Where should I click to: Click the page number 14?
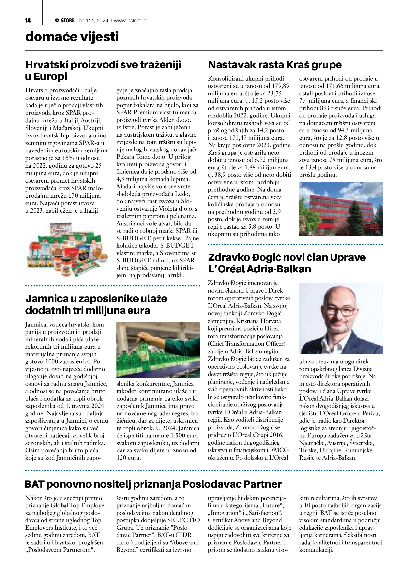pos(28,21)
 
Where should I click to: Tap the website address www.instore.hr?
pos(130,21)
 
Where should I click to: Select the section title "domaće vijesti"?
pos(72,37)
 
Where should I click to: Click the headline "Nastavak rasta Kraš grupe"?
pos(275,65)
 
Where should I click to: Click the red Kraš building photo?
pos(341,209)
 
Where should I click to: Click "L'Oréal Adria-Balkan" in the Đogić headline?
pos(260,269)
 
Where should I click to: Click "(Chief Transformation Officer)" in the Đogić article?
pos(247,343)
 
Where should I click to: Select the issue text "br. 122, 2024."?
pos(94,21)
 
